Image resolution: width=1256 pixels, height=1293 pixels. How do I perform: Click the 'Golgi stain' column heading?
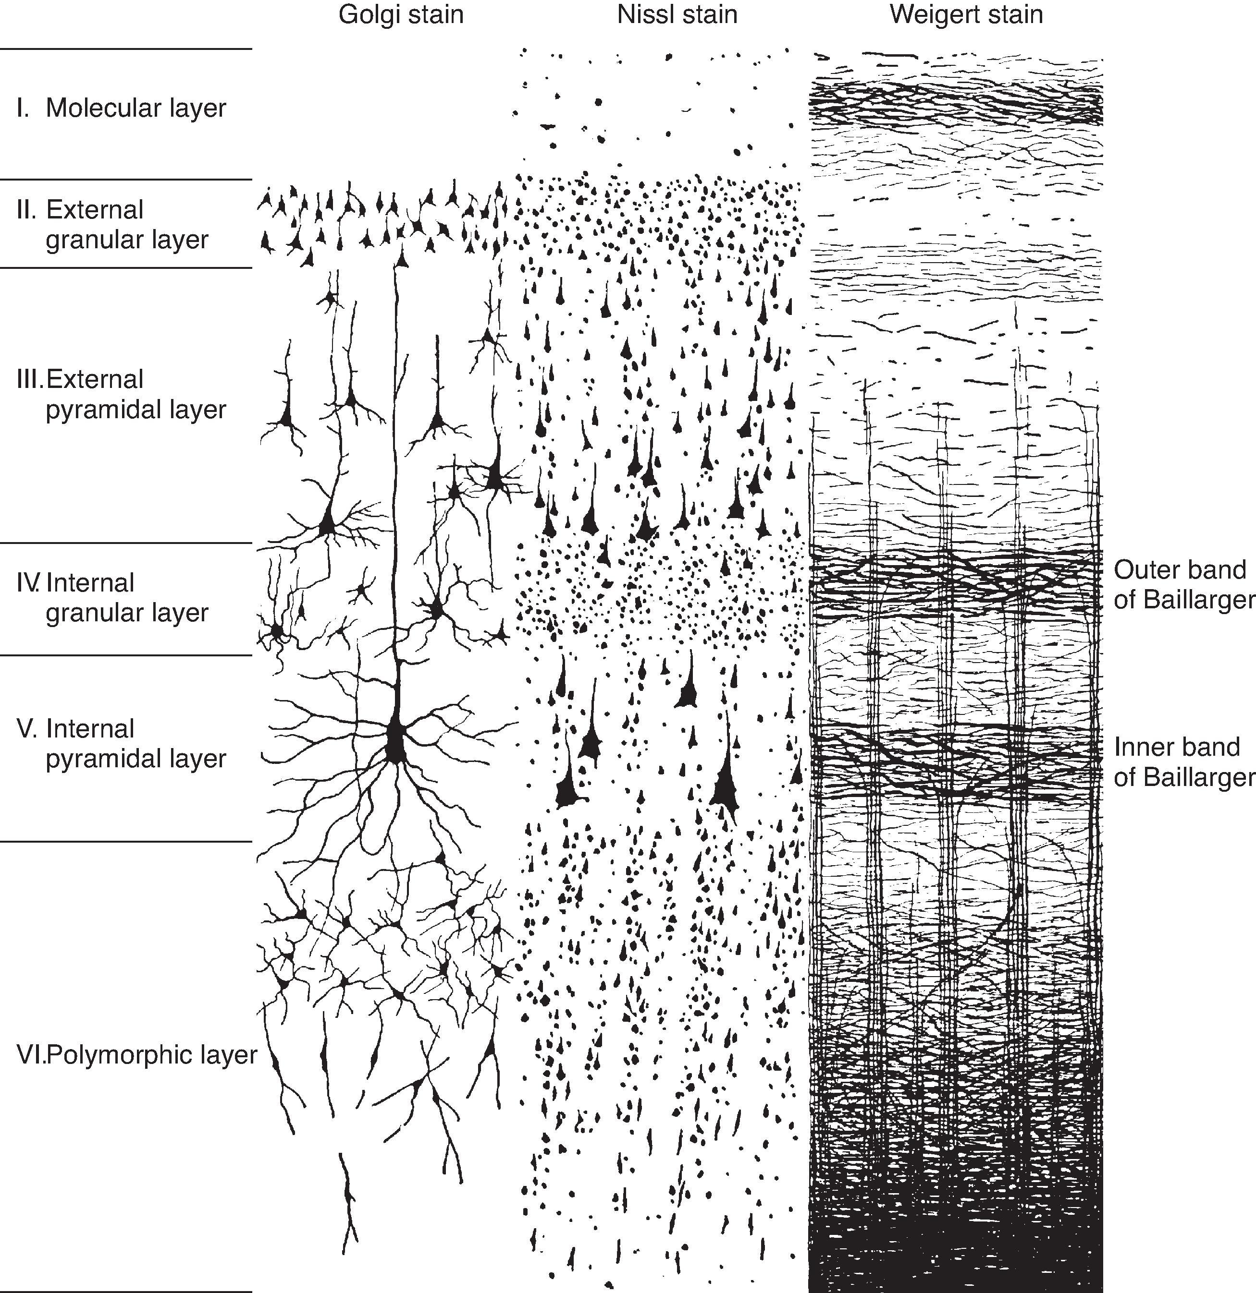click(401, 14)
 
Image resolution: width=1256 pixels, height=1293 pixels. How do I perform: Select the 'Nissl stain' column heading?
click(677, 14)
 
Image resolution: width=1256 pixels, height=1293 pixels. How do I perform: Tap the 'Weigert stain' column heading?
click(966, 14)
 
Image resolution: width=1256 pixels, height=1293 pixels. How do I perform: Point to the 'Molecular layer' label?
click(136, 108)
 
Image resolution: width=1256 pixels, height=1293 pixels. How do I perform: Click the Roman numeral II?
click(26, 210)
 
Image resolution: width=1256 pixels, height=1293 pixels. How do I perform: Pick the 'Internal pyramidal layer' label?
click(136, 743)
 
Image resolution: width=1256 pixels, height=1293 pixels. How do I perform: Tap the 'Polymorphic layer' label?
click(152, 1055)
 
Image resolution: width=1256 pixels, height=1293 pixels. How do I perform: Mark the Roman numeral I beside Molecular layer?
click(23, 108)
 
